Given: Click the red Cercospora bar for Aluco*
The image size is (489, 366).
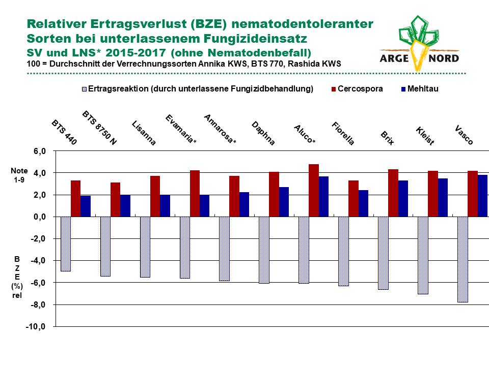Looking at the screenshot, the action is click(x=314, y=191).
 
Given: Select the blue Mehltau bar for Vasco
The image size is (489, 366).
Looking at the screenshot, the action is click(x=482, y=196).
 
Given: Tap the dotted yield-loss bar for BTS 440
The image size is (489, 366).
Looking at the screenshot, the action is click(x=66, y=244).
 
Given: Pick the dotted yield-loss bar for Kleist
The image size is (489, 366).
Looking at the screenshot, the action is click(x=423, y=256).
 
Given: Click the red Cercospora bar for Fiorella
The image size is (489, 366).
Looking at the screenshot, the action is click(x=354, y=199).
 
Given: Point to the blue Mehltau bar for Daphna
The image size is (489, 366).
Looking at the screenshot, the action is click(x=284, y=202).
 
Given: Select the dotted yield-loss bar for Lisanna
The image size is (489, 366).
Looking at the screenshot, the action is click(x=145, y=247).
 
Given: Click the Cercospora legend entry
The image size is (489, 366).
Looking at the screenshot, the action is click(x=357, y=89).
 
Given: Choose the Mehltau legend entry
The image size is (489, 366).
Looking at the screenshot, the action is click(x=420, y=89).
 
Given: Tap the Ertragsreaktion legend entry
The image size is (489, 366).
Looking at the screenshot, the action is click(x=198, y=89).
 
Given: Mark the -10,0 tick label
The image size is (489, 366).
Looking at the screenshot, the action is click(x=36, y=327).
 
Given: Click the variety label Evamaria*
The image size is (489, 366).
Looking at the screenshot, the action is click(x=180, y=129).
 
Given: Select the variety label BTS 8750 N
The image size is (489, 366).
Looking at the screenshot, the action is click(x=99, y=128).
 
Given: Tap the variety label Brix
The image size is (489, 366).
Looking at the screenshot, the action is click(x=387, y=138).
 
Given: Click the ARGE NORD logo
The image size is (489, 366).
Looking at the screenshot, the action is click(x=419, y=44).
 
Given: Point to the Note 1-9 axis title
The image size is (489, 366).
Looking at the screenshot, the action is click(x=19, y=175).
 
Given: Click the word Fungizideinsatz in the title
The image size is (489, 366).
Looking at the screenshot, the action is click(x=255, y=39).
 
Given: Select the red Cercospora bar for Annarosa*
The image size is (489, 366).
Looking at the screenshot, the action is click(x=234, y=196).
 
